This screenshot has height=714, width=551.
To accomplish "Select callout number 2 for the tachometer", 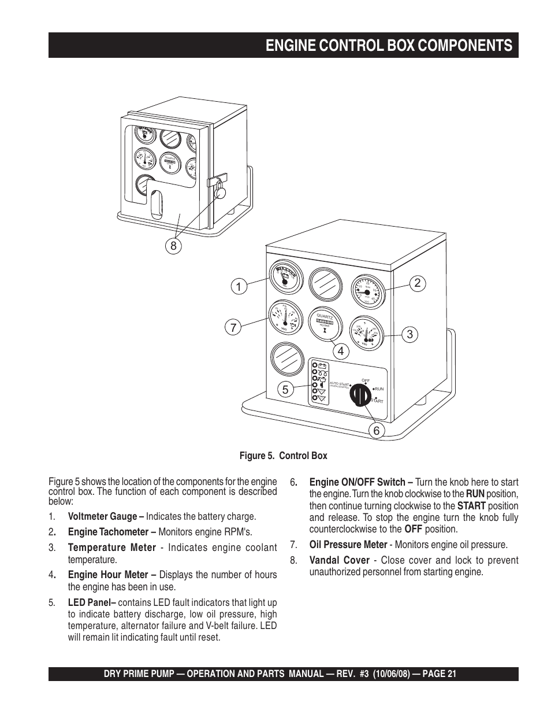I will click(418, 283).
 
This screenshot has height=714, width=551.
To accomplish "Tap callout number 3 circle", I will click(409, 334).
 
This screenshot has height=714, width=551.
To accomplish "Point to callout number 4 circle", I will click(341, 350).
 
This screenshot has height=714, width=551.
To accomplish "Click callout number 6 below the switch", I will click(376, 430).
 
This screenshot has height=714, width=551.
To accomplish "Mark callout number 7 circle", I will click(233, 327).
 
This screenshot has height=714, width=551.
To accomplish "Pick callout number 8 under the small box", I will click(172, 246).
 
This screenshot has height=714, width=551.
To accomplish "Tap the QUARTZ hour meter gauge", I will click(325, 324).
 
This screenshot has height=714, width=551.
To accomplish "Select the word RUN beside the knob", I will click(378, 389).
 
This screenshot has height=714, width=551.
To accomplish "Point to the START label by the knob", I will click(377, 401).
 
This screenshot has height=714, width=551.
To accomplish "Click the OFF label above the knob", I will click(365, 380).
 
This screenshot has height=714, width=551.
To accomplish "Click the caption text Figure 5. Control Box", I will click(283, 456).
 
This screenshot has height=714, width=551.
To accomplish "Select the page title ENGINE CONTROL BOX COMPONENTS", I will click(389, 46).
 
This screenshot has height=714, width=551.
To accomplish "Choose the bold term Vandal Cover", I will click(339, 560).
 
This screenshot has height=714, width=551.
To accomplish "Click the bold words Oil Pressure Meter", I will click(348, 545).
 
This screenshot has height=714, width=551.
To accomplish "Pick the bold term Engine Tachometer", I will click(108, 532).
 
